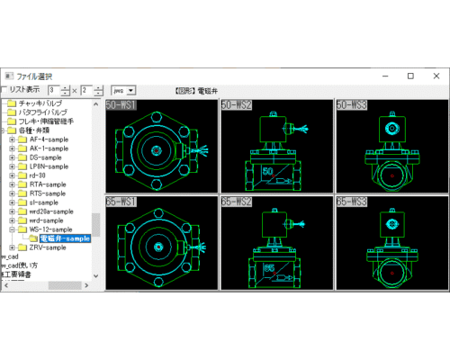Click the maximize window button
[410, 76]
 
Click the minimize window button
[384, 76]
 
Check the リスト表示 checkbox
[5, 90]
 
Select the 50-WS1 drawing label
[122, 105]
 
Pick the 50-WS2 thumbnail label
[237, 105]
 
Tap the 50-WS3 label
[352, 105]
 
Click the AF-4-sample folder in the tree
[49, 139]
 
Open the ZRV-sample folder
[49, 247]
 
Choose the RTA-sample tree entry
[49, 184]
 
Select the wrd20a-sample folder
[52, 211]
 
